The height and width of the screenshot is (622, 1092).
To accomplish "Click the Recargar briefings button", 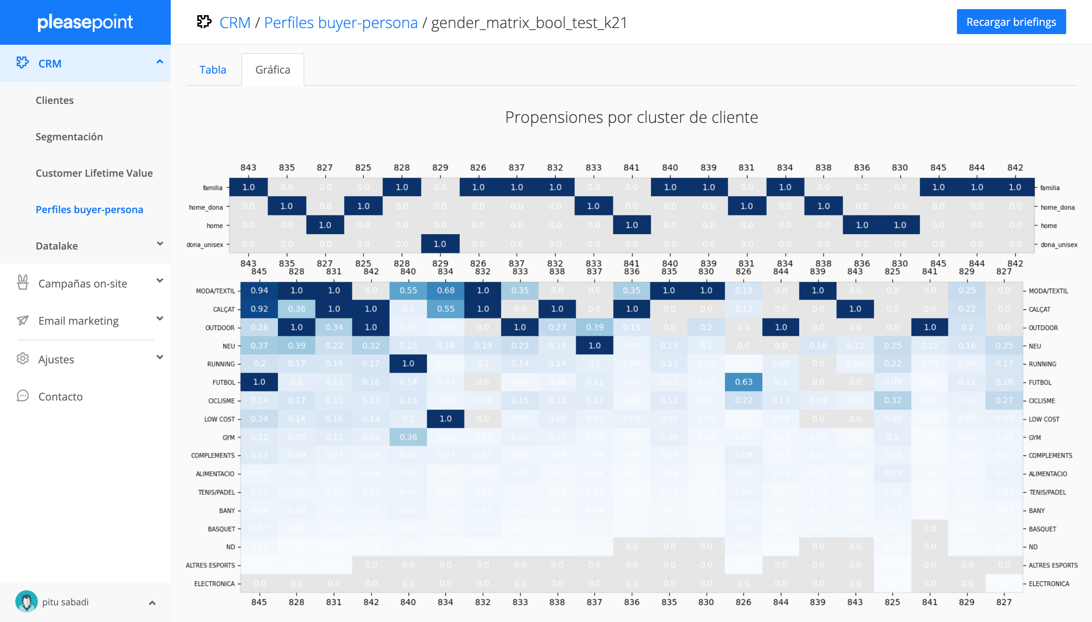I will coord(1011,22).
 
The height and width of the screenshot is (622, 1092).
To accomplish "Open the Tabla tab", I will coord(212,70).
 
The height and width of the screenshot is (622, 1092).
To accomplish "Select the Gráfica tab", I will coord(273,70).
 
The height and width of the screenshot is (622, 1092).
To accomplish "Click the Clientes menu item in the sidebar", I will coord(54,101).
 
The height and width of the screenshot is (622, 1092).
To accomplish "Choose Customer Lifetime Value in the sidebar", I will coord(94,173).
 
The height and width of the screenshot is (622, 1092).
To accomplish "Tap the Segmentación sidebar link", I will coord(69,137).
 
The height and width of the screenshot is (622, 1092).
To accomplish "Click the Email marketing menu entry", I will coord(79,321).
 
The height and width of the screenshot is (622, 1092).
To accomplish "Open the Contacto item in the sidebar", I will coord(60,396).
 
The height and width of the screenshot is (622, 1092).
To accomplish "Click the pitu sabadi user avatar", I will coord(26,602).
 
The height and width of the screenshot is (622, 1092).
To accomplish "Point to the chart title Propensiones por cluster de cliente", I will coord(631,117).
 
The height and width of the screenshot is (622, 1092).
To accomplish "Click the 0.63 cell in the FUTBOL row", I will coord(743,382).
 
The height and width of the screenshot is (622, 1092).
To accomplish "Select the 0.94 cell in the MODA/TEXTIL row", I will coord(259,291).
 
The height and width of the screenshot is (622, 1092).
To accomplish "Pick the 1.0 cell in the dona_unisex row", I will coord(440,244).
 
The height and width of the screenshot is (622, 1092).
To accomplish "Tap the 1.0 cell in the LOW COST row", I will coord(445,419).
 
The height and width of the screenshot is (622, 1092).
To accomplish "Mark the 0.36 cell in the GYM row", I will coord(408,437).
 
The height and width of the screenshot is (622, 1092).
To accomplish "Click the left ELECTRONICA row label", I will coord(214,584).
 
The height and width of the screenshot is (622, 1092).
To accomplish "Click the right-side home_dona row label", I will coord(1057,207).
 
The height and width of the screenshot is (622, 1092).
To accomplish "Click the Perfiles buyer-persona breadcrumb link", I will coord(341,23).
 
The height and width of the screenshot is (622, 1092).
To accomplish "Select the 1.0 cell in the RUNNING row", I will coord(408,364).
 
